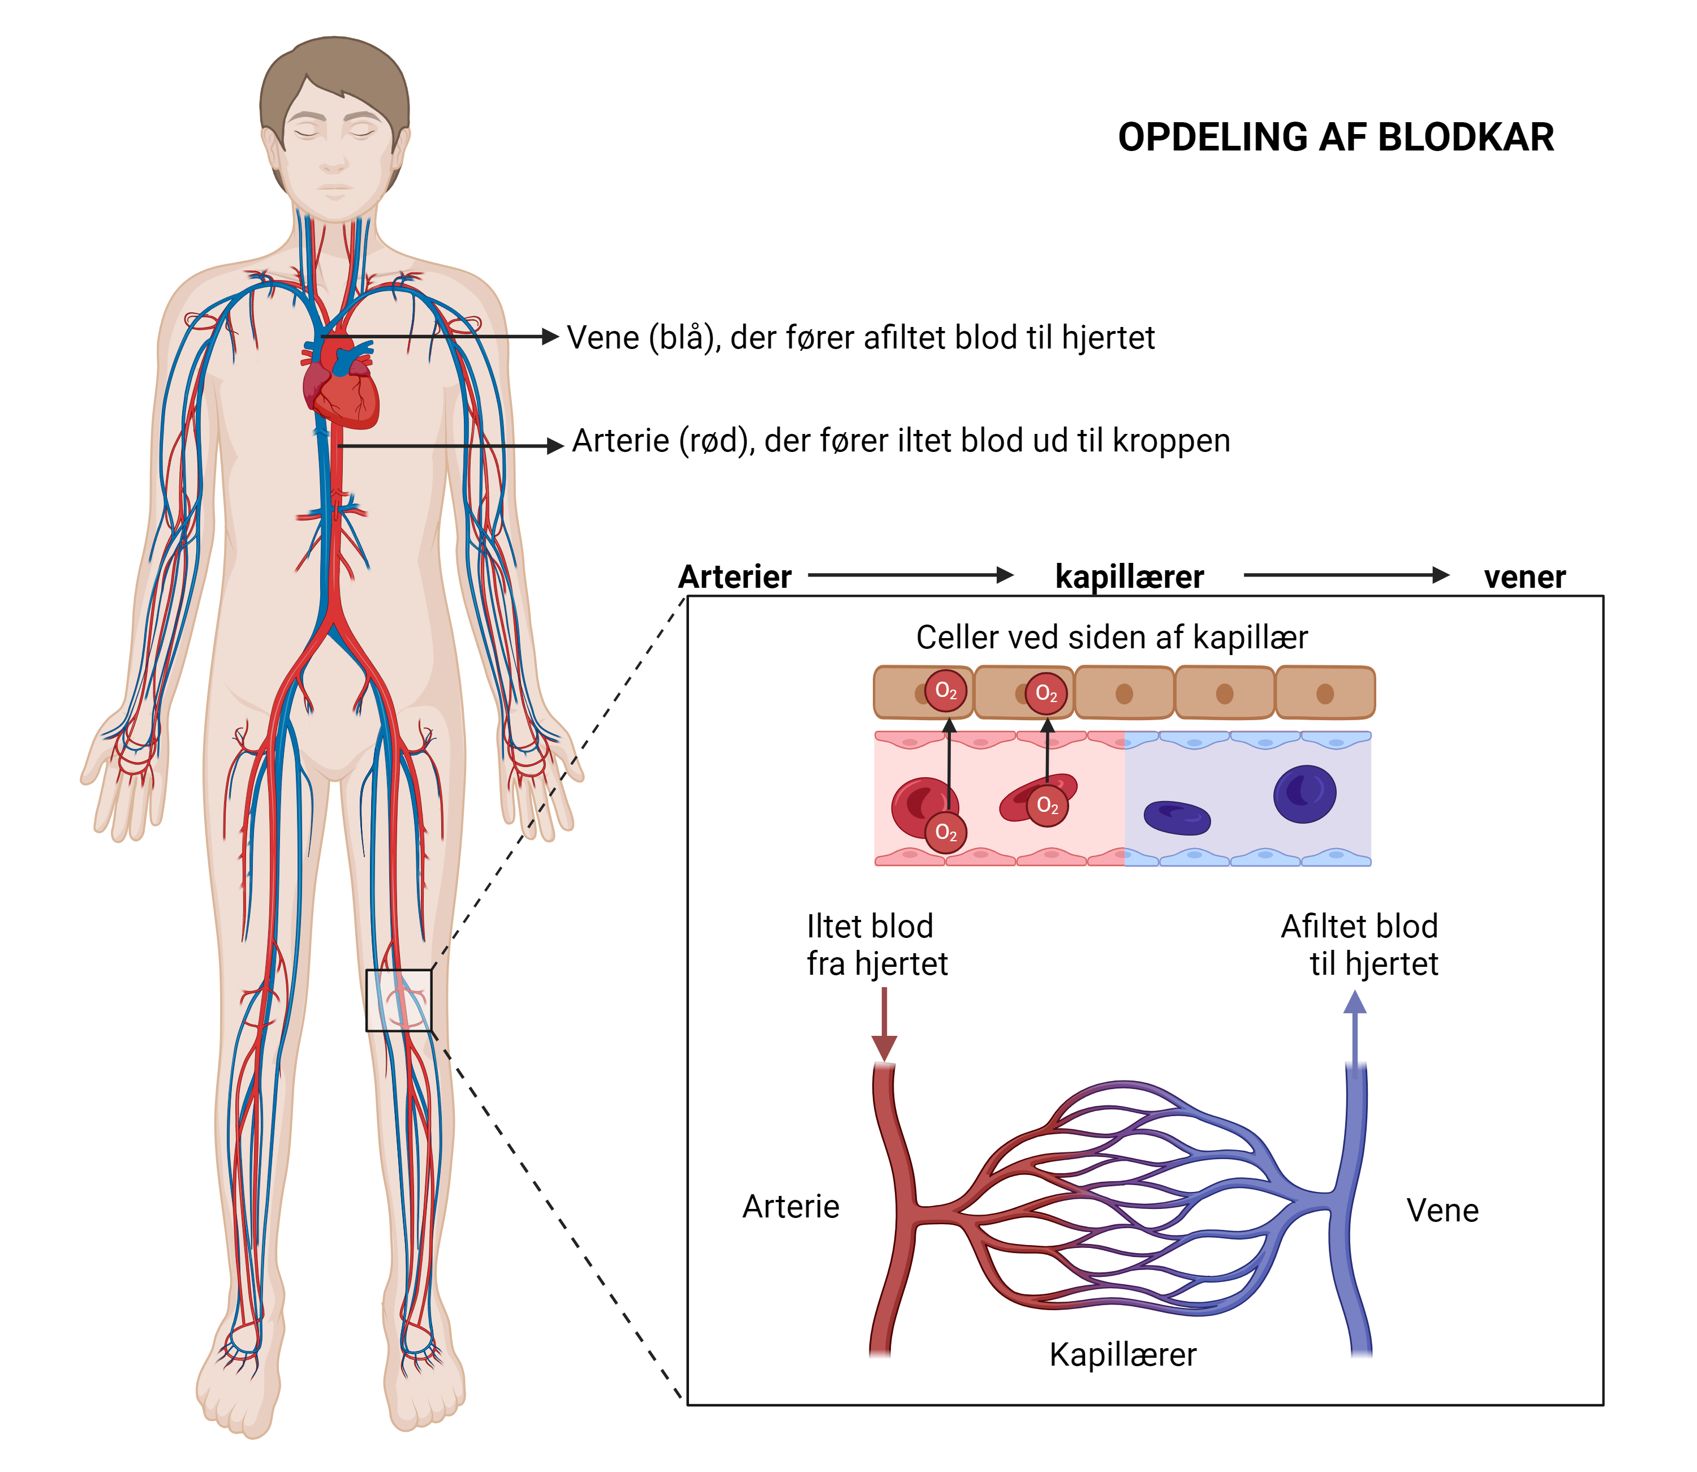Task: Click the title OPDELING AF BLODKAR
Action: tap(1335, 137)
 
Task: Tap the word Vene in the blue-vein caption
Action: tap(603, 338)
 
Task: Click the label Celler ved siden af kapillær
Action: tap(1112, 638)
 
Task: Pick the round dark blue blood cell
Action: tap(1304, 794)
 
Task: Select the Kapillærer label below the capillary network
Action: tap(1123, 1354)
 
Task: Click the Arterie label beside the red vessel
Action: tap(791, 1207)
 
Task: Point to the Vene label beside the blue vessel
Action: tap(1442, 1211)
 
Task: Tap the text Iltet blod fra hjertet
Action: tap(876, 945)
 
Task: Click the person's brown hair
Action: tap(334, 70)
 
